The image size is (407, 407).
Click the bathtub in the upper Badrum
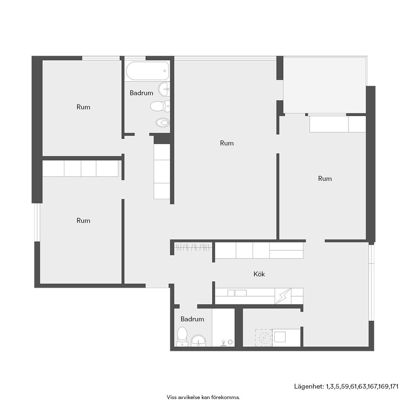pyautogui.click(x=147, y=71)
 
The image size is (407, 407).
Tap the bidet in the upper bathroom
pyautogui.click(x=163, y=122)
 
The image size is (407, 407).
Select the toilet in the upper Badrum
pyautogui.click(x=160, y=106)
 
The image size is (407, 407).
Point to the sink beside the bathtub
pyautogui.click(x=164, y=89)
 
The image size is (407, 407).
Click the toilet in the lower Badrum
pyautogui.click(x=182, y=337)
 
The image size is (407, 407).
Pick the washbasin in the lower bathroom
pyautogui.click(x=198, y=341)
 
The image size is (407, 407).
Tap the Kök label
pyautogui.click(x=259, y=274)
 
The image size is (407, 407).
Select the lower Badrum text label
pyautogui.click(x=192, y=319)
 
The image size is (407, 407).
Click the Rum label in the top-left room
pyautogui.click(x=83, y=107)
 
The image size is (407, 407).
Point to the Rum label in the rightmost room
pyautogui.click(x=325, y=179)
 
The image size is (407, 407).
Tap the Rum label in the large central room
pyautogui.click(x=226, y=143)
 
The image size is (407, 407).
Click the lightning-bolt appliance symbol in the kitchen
pyautogui.click(x=283, y=296)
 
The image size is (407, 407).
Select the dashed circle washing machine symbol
pyautogui.click(x=264, y=337)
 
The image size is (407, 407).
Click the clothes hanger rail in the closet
pyautogui.click(x=192, y=247)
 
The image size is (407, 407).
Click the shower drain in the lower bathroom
pyautogui.click(x=230, y=341)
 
